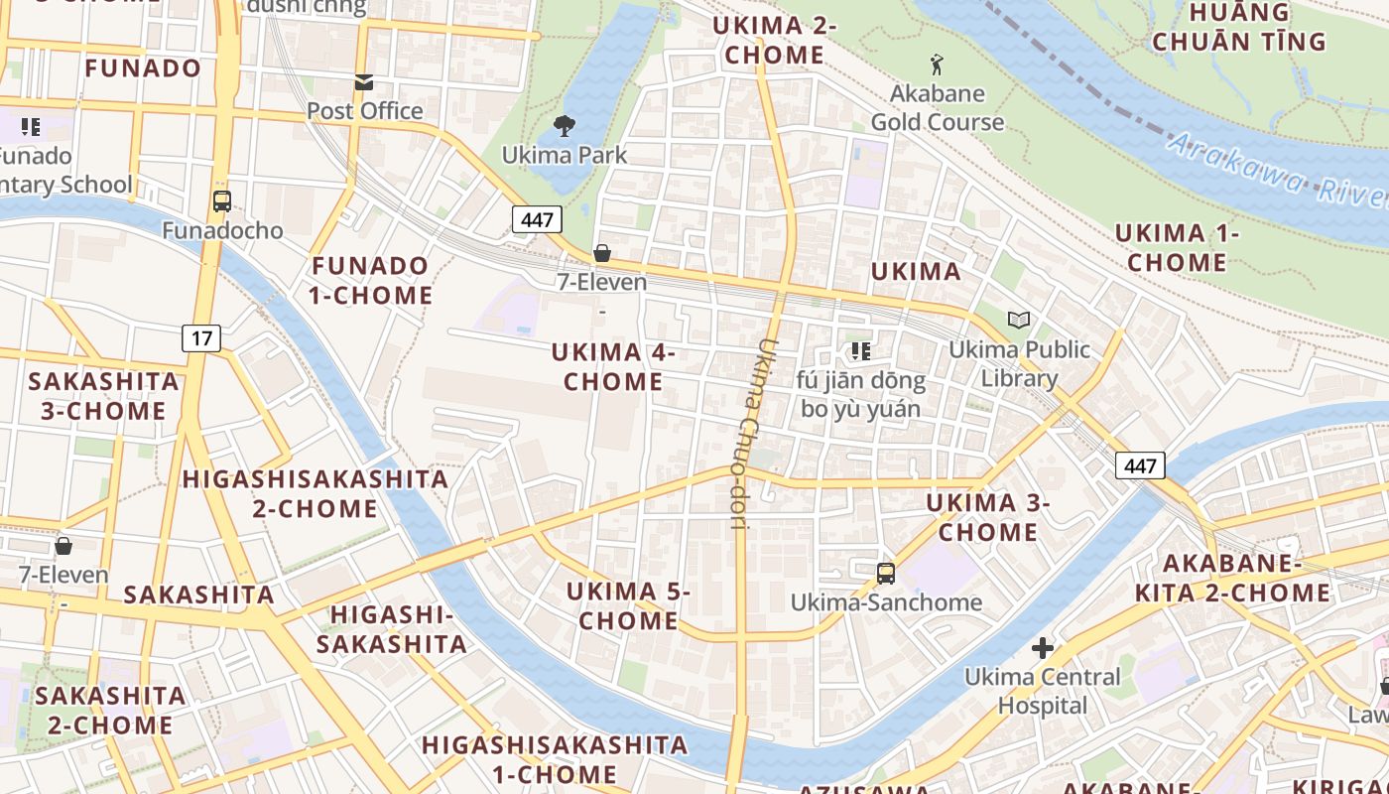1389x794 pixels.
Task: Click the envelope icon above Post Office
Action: click(x=364, y=81)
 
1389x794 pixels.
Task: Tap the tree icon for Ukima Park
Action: click(x=565, y=126)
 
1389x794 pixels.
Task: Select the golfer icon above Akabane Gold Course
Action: click(x=937, y=66)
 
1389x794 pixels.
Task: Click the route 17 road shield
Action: click(x=201, y=338)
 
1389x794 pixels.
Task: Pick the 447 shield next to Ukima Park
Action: click(x=537, y=219)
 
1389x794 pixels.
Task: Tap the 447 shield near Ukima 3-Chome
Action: click(x=1139, y=464)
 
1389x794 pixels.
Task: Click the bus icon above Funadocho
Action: click(x=222, y=201)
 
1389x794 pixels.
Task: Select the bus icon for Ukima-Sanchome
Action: click(x=885, y=573)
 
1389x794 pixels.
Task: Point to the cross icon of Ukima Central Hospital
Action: click(x=1042, y=648)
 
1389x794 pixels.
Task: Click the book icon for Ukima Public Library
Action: click(x=1019, y=320)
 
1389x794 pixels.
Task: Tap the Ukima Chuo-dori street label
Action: click(x=753, y=435)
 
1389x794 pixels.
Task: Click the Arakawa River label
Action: click(x=1275, y=169)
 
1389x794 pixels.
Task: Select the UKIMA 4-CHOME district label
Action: click(x=613, y=366)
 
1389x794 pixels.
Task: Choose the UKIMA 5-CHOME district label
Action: click(x=628, y=605)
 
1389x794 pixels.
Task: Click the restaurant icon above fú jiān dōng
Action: click(x=860, y=350)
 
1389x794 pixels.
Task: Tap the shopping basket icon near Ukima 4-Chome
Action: click(x=601, y=253)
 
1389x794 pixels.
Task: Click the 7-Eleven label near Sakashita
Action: click(x=63, y=575)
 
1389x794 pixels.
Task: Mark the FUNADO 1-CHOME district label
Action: click(x=370, y=280)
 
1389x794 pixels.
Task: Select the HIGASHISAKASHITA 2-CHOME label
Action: click(x=315, y=493)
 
